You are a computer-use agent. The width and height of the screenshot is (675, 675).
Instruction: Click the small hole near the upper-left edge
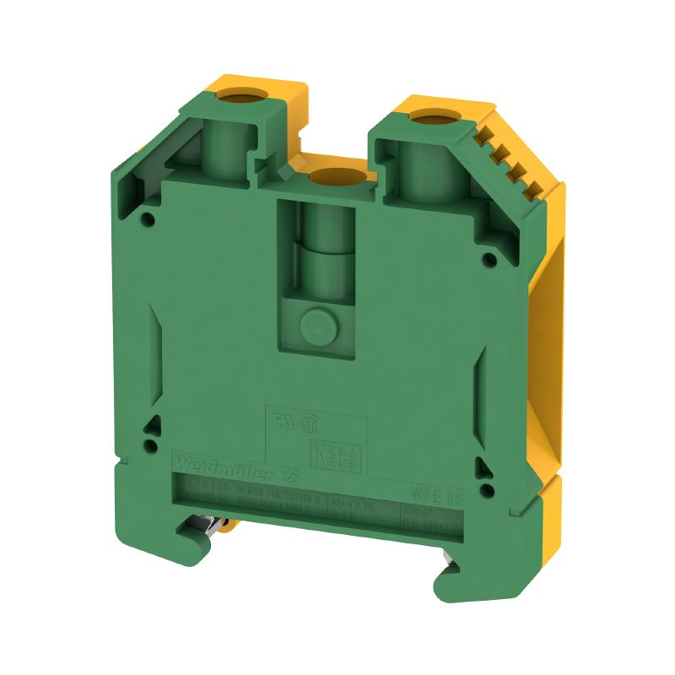(x=148, y=220)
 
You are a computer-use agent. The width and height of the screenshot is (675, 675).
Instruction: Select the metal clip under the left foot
(x=222, y=528)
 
